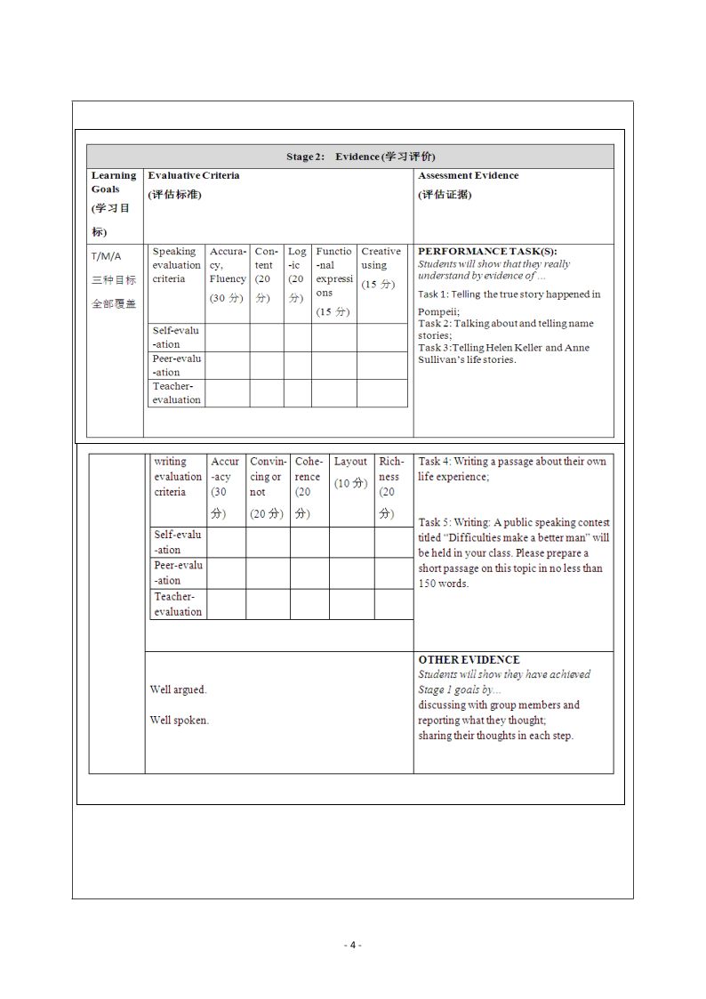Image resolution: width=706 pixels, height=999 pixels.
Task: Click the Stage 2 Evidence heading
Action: pos(360,157)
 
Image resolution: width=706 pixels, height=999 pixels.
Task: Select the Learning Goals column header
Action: pos(114,182)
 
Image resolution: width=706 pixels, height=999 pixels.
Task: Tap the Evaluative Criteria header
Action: pos(193,175)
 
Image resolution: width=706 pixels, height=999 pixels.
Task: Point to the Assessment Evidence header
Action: pos(468,175)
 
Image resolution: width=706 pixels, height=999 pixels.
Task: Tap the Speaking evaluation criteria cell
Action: pos(175,265)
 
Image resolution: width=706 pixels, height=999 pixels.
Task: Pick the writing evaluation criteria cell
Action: pos(177,477)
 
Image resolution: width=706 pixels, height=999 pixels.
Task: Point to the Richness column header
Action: pos(390,477)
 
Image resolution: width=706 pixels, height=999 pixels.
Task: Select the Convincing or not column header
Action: pos(268,477)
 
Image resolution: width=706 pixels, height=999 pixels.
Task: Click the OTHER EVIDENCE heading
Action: pos(469,660)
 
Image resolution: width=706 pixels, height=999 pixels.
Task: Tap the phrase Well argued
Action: pos(178,689)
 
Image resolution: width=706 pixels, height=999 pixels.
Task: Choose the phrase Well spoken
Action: pos(180,720)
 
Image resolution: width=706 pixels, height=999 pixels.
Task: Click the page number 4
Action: pos(353,945)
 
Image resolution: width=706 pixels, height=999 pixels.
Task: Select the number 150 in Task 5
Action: pos(428,584)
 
